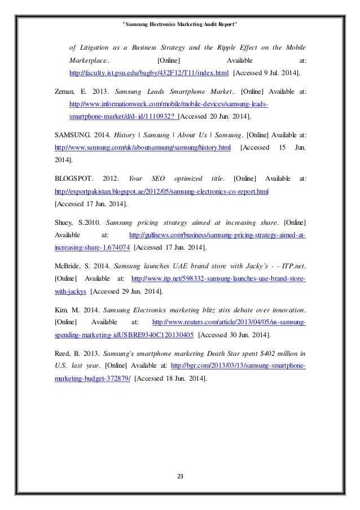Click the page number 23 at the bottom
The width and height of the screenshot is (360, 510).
(179, 476)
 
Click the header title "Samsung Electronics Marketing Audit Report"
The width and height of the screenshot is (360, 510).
(179, 24)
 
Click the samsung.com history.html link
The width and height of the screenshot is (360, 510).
(143, 147)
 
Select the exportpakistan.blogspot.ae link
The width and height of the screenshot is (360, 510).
(161, 191)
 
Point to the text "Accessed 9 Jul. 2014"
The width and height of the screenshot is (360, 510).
(267, 73)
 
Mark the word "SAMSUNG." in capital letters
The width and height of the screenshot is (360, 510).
(76, 134)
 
